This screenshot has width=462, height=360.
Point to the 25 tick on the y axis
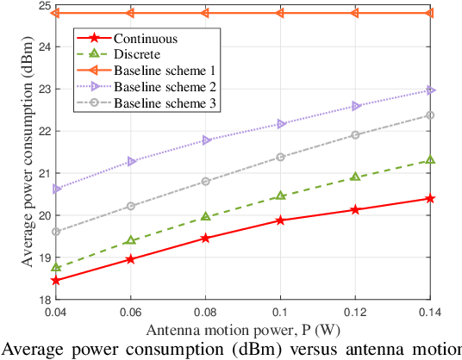point(42,5)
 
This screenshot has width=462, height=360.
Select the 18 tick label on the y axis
point(42,299)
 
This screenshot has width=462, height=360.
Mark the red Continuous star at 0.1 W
point(280,220)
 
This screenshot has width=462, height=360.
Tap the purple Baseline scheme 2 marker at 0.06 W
point(131,161)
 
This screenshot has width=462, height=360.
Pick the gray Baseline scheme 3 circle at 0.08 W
point(205,181)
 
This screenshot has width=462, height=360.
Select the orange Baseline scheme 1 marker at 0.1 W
point(280,13)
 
